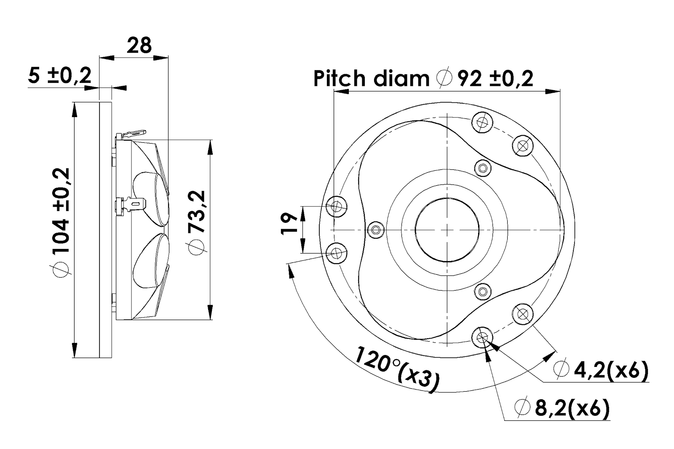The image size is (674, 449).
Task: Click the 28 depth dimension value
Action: [x=139, y=45]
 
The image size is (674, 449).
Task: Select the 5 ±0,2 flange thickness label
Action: [x=60, y=76]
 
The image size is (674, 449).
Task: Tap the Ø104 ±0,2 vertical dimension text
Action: [x=61, y=221]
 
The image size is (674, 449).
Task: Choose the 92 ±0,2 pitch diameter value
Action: [x=495, y=78]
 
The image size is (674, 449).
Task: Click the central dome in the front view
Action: [x=447, y=230]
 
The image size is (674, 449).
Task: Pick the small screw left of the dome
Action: [x=375, y=230]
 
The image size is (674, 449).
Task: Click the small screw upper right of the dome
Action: [x=482, y=168]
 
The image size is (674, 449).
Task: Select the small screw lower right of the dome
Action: [x=482, y=291]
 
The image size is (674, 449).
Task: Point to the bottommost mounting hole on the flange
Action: [x=482, y=337]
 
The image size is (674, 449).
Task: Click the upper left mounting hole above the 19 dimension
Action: [x=337, y=206]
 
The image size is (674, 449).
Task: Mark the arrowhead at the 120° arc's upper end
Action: [x=289, y=270]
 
